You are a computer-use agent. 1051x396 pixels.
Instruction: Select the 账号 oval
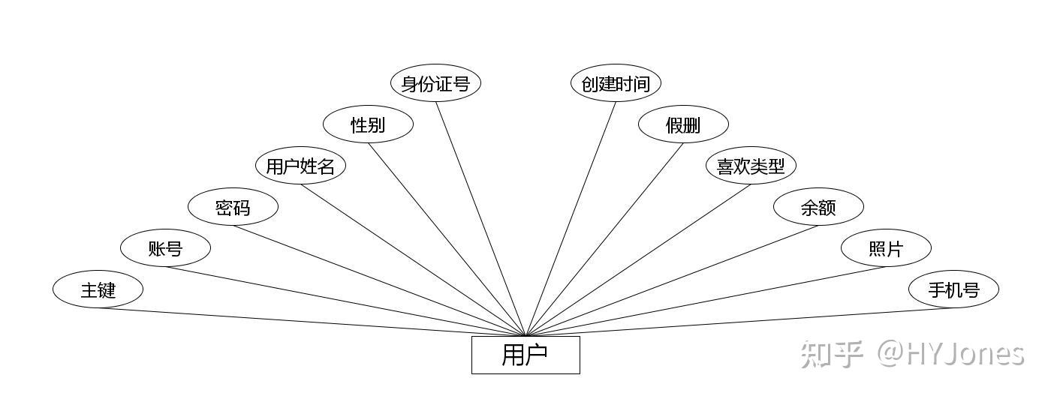pos(165,248)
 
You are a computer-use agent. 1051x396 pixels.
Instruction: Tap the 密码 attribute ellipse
pos(233,207)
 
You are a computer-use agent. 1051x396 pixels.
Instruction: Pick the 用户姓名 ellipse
pos(300,166)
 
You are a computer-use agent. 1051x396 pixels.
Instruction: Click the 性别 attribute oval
pos(368,124)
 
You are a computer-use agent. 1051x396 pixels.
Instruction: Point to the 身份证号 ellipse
pos(435,83)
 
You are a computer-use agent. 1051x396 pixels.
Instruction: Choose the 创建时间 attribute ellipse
pos(616,83)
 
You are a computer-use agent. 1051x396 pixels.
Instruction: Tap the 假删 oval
pos(683,124)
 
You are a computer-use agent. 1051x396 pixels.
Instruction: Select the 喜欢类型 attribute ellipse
pos(751,166)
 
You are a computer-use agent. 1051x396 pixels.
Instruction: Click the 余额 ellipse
pos(818,207)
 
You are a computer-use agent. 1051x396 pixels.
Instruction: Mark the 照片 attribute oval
pos(886,248)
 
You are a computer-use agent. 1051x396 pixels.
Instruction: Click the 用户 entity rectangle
pos(525,355)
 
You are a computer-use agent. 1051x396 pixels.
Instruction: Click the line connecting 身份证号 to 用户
pos(480,218)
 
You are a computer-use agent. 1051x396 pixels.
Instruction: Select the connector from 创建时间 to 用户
pos(571,218)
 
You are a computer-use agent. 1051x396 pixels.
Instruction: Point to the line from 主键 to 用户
pos(312,322)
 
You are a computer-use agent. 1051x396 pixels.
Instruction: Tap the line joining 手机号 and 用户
pos(739,322)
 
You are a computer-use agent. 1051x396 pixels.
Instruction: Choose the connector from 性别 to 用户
pos(447,239)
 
